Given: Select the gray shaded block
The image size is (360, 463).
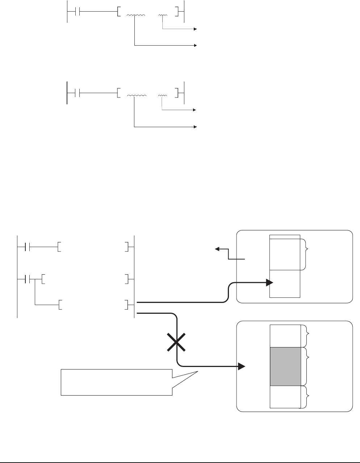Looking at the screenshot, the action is coord(285,367).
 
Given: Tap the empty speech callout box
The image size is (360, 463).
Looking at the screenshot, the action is coord(116,382).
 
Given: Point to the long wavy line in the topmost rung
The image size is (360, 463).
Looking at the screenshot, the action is coord(136,15).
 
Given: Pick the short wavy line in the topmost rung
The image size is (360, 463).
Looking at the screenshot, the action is coord(163,15).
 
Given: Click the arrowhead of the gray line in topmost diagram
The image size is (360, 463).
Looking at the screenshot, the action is coord(196,29).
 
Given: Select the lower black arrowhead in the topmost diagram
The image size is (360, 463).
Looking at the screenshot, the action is coord(196,46).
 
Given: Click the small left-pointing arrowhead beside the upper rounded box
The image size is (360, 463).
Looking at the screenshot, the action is coord(217,249).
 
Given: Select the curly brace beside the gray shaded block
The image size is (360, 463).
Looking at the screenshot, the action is coord(309,367).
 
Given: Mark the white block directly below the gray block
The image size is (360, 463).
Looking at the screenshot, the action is coord(285,397).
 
